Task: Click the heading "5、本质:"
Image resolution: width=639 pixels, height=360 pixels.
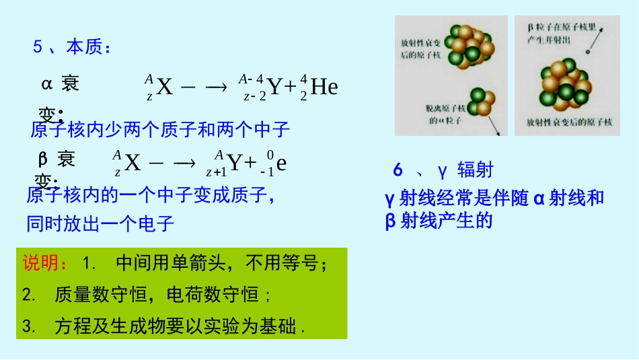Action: click(72, 47)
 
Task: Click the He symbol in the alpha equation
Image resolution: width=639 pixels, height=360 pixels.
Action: click(324, 87)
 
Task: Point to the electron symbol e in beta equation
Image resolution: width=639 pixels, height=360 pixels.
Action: click(282, 163)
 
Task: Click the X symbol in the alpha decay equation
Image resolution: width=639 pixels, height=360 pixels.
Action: click(165, 87)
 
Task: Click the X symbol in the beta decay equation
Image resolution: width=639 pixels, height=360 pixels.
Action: click(133, 163)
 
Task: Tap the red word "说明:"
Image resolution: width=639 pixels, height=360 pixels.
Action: click(45, 262)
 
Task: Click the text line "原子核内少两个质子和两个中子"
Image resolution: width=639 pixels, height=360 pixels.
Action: click(160, 129)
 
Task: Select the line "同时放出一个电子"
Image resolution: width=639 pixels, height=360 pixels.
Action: click(100, 223)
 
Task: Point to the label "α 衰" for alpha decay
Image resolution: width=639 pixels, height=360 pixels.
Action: click(60, 84)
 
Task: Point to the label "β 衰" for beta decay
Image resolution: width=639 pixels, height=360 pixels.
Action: click(57, 159)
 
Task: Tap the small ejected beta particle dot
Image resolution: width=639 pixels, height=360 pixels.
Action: click(588, 52)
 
